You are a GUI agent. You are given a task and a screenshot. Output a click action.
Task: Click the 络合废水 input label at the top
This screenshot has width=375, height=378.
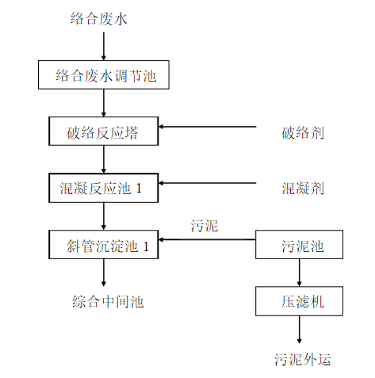[x=99, y=19]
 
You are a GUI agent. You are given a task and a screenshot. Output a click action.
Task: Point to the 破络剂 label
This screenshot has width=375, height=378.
[x=303, y=132]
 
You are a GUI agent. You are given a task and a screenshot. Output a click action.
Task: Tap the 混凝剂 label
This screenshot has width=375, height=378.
[x=303, y=189]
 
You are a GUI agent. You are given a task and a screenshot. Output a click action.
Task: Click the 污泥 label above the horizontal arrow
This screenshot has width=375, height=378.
[x=205, y=226]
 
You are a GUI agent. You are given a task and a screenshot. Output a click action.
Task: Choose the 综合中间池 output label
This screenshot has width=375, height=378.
[x=108, y=301]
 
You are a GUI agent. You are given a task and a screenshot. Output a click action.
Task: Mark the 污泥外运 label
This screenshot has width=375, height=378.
[x=303, y=359]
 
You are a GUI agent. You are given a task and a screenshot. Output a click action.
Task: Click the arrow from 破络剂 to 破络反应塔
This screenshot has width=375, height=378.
[x=207, y=127]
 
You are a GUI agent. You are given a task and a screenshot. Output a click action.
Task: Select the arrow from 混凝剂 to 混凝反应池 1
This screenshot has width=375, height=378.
[x=207, y=183]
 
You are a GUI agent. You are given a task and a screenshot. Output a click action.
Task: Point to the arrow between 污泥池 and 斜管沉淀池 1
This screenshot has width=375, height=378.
[x=207, y=239]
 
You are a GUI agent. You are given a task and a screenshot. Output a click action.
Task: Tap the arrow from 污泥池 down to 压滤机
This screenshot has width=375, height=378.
[x=299, y=273]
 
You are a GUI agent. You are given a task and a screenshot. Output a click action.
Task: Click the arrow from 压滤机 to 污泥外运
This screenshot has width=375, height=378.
[x=299, y=330]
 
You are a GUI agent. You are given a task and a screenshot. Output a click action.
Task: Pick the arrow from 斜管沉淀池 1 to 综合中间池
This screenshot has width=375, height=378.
[x=104, y=273]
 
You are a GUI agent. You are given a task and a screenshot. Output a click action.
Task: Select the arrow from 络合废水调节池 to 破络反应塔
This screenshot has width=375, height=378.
[x=104, y=103]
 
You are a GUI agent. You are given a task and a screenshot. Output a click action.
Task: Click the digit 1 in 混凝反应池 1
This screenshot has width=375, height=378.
[x=139, y=189]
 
